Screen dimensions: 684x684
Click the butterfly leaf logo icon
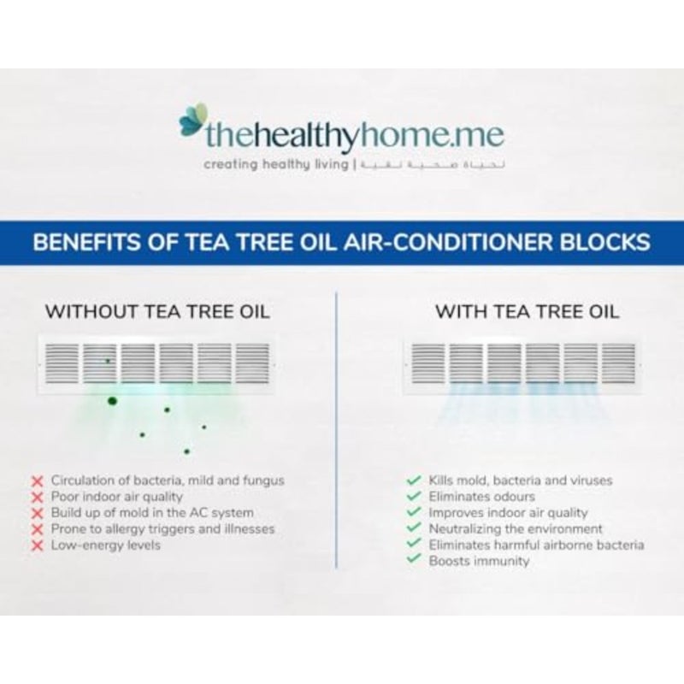click(193, 119)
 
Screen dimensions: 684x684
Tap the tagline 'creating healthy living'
click(276, 165)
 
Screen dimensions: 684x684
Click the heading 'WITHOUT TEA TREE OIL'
click(157, 312)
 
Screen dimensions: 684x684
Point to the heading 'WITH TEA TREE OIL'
click(527, 312)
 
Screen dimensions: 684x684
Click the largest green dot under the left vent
click(112, 401)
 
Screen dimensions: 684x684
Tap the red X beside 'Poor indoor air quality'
click(38, 498)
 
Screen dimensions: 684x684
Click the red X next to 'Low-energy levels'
click(38, 545)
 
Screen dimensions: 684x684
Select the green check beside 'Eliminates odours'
click(414, 497)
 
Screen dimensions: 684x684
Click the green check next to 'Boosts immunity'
click(414, 560)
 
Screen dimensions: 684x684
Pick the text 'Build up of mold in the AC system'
click(152, 513)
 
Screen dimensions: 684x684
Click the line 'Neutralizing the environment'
click(516, 529)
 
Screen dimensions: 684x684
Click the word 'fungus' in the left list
click(263, 481)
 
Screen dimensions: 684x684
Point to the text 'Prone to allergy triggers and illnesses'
click(162, 529)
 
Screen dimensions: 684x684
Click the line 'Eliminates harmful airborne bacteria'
click(537, 545)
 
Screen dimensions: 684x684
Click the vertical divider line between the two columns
click(336, 430)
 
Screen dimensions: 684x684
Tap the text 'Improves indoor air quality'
click(508, 513)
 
